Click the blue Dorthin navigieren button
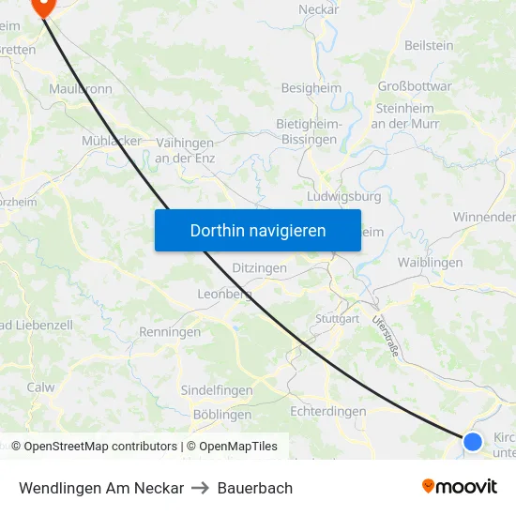pos(258,230)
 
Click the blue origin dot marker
pos(473,441)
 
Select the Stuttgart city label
pos(338,319)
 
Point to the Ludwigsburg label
pos(344,197)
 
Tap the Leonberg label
pos(225,294)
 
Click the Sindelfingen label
pos(216,390)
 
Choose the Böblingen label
pos(221,414)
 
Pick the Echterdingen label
pos(328,411)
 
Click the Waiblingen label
pos(430,263)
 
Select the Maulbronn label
pos(81,89)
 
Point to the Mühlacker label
pos(112,141)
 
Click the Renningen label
pos(170,332)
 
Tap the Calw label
pos(40,387)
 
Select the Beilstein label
pos(429,45)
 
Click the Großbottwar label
pos(414,86)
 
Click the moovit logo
pos(460,487)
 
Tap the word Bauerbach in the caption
pos(255,488)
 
